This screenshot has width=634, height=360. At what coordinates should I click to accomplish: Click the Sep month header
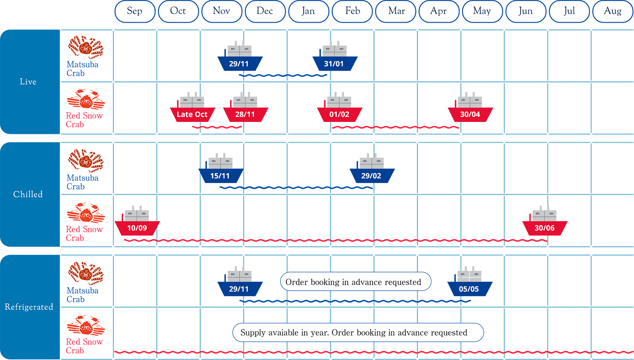[x=135, y=11]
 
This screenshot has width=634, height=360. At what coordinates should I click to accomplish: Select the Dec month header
[x=265, y=11]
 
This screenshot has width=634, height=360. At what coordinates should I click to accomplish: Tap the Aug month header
[x=612, y=11]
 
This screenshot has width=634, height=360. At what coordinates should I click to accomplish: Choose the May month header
[x=482, y=11]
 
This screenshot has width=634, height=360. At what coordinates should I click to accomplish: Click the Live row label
[x=28, y=82]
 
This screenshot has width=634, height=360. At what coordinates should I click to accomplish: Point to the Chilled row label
[x=28, y=194]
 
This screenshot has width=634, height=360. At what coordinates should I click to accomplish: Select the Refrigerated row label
[x=29, y=307]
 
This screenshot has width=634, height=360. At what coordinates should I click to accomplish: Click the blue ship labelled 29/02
[x=372, y=169]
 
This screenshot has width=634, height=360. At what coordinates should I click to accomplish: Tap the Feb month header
[x=352, y=11]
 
